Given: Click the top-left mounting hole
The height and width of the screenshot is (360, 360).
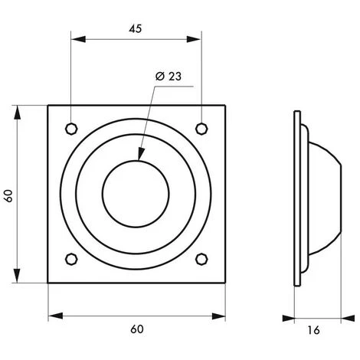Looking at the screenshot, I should pos(71,127).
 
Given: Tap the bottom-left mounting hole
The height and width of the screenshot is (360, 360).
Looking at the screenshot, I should pos(71,257).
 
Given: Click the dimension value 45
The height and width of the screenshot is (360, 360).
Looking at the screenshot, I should pos(136,28).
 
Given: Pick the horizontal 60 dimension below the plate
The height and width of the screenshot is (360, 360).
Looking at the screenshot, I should pos(136,329).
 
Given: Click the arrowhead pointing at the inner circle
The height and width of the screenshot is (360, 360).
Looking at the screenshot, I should pos(139,156).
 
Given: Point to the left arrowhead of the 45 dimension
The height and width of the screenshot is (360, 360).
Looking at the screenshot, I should pos(75,39).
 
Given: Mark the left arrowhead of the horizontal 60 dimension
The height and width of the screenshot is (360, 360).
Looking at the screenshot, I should pos(52,315).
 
